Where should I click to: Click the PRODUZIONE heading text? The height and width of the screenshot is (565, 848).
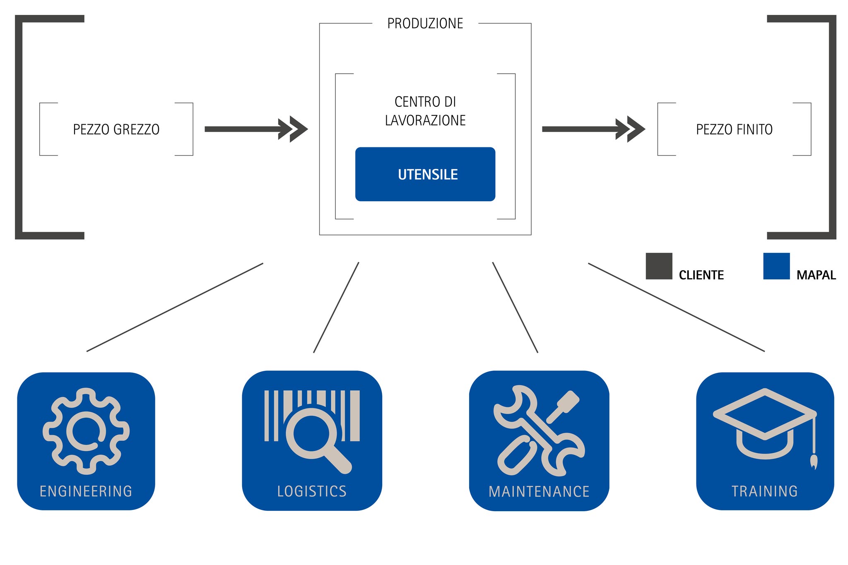(425, 24)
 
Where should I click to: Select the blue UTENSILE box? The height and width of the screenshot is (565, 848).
(425, 174)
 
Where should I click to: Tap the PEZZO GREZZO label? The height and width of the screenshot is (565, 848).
(116, 130)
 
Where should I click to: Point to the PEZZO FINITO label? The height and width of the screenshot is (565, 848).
(734, 130)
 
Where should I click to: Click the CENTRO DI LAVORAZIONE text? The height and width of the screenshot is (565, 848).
(425, 111)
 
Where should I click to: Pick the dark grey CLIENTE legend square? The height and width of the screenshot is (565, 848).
(659, 266)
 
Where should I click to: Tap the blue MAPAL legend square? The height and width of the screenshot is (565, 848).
(776, 266)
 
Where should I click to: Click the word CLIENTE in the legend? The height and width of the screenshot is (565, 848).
(701, 275)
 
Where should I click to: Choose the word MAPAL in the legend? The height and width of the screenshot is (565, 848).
(816, 275)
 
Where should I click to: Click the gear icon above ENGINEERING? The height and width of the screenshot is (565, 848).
(86, 431)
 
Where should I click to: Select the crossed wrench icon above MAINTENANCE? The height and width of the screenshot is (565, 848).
(539, 431)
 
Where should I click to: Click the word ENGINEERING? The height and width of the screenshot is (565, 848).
(86, 491)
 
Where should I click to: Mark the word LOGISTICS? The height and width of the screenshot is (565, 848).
(312, 491)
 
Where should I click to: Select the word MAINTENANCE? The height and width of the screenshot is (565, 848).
(539, 492)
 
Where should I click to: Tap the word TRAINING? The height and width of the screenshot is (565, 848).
(764, 491)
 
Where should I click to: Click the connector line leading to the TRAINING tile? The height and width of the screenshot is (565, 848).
(676, 307)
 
